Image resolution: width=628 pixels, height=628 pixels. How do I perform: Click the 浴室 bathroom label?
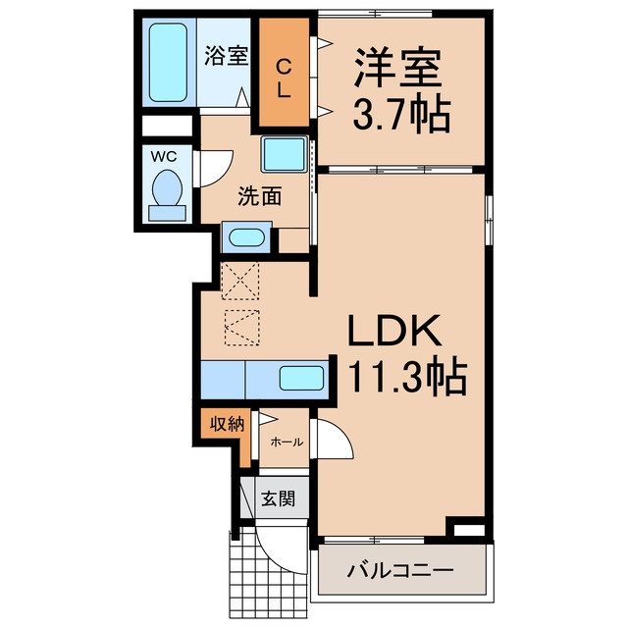tap(226, 57)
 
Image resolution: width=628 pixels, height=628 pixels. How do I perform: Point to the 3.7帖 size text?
tap(400, 115)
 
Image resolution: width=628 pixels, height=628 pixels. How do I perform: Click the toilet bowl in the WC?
tap(168, 188)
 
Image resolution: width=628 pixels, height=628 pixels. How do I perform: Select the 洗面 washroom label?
tap(259, 196)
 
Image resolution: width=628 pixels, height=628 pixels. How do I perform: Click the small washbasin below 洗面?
tap(246, 237)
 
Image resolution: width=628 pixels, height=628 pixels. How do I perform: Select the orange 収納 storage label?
tap(225, 425)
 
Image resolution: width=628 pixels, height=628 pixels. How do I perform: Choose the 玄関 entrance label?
tap(278, 498)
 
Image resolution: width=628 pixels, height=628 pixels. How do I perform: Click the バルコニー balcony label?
tap(401, 570)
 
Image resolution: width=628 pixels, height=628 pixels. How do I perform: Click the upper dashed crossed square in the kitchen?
tap(240, 281)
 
